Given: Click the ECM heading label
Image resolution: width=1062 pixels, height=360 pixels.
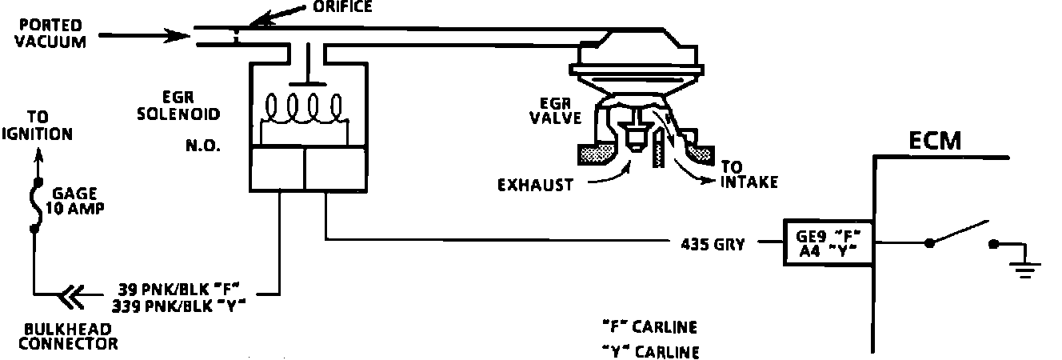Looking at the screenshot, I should click(x=935, y=142).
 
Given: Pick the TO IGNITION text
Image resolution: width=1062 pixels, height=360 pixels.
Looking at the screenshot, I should click(x=37, y=125).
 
